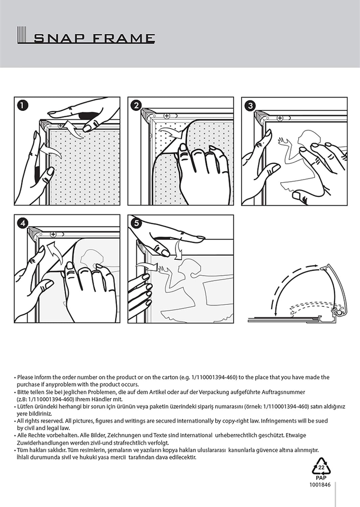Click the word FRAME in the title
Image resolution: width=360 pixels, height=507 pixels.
(124, 38)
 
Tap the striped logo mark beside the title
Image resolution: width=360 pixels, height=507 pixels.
(22, 35)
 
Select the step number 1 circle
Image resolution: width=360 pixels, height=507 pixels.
(23, 106)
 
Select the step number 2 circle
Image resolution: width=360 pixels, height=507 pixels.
(136, 106)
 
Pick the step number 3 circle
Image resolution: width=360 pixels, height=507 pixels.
(250, 106)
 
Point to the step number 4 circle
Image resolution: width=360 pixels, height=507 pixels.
(23, 223)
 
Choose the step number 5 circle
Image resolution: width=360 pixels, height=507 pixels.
(136, 223)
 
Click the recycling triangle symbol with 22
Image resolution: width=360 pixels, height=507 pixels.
(321, 466)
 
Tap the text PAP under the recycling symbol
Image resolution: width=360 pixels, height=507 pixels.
(321, 477)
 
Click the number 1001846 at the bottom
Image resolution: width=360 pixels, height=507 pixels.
(320, 484)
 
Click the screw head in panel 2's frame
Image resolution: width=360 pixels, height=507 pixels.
(167, 116)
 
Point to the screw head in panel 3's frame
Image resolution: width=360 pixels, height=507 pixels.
(280, 118)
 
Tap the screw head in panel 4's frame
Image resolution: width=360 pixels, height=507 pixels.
(53, 234)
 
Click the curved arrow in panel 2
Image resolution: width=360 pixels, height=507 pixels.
(172, 133)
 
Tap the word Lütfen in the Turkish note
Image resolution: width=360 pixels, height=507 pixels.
(25, 407)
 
